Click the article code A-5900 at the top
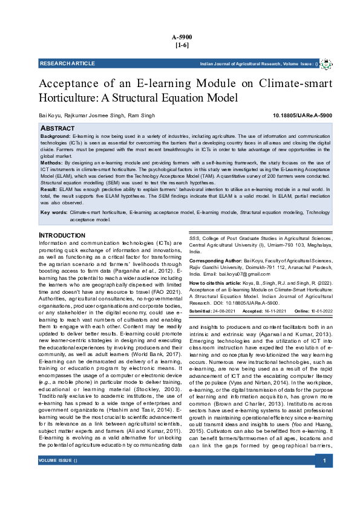180,37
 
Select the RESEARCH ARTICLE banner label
67,63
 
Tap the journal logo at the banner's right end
326,63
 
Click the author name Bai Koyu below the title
50,115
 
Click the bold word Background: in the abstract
55,137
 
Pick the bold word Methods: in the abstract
51,163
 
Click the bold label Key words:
54,213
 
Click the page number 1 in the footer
324,495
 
